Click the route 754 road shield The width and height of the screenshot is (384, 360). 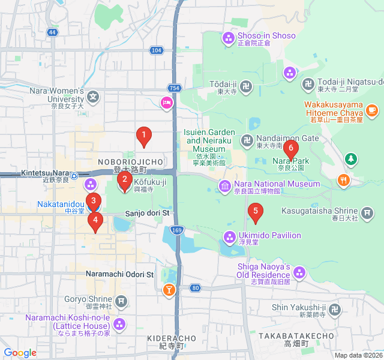click(x=174, y=88)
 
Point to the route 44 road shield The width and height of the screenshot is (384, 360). click(x=52, y=32)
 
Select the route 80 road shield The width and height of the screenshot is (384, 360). click(x=196, y=288)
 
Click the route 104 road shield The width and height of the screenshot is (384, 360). click(x=157, y=50)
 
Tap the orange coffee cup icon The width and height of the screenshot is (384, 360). click(x=372, y=109)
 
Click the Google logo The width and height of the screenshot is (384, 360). click(x=20, y=353)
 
